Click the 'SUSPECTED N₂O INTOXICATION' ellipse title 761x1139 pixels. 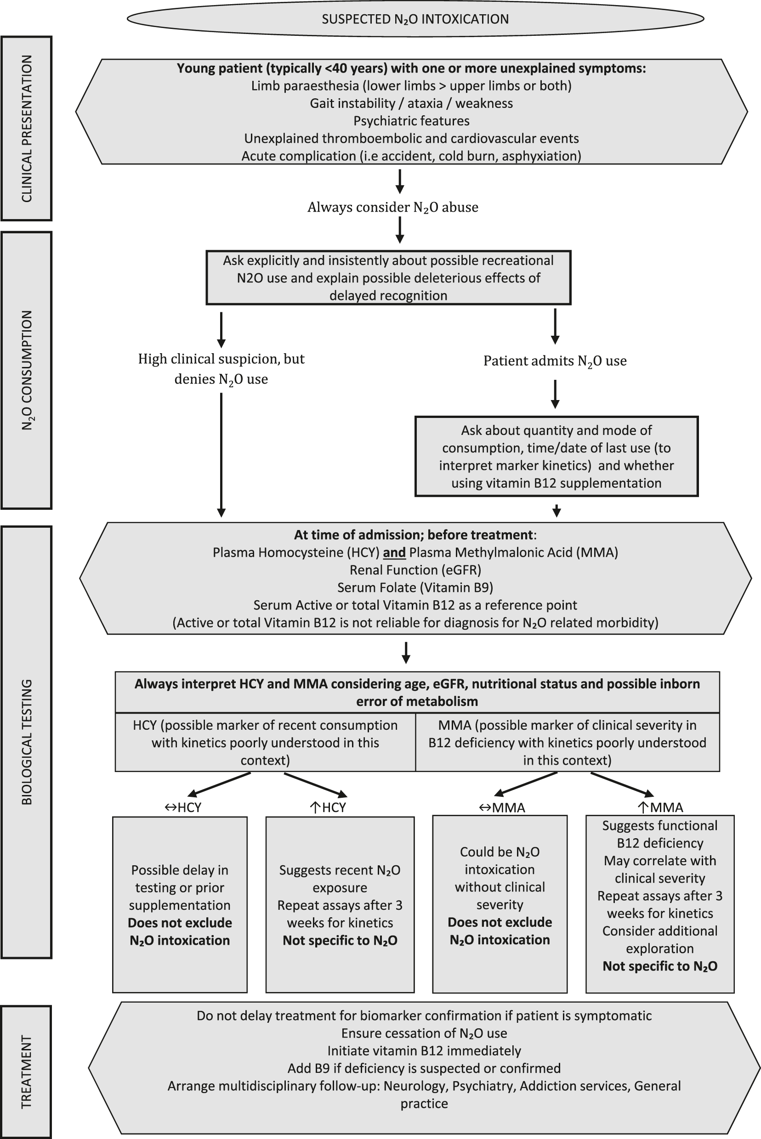pyautogui.click(x=415, y=19)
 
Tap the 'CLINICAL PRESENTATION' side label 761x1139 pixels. pyautogui.click(x=26, y=129)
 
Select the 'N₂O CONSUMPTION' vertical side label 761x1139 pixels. pyautogui.click(x=26, y=370)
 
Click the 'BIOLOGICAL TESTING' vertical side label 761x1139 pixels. pyautogui.click(x=26, y=742)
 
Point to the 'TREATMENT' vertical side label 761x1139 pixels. pyautogui.click(x=26, y=1072)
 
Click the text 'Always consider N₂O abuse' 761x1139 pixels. pyautogui.click(x=392, y=207)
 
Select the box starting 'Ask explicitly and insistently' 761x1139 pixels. pyautogui.click(x=388, y=278)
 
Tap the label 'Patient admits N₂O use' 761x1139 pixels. pyautogui.click(x=555, y=361)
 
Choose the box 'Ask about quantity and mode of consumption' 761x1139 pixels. pyautogui.click(x=556, y=457)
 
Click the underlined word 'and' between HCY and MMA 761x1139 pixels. pyautogui.click(x=394, y=553)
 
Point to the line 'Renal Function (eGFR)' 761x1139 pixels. pyautogui.click(x=415, y=570)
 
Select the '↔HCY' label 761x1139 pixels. pyautogui.click(x=183, y=807)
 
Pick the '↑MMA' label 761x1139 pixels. pyautogui.click(x=660, y=807)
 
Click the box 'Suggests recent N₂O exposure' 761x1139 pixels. pyautogui.click(x=340, y=905)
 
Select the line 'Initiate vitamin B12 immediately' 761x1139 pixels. pyautogui.click(x=424, y=1051)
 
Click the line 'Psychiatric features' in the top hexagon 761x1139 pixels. pyautogui.click(x=412, y=121)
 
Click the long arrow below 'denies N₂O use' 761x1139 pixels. pyautogui.click(x=221, y=454)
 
